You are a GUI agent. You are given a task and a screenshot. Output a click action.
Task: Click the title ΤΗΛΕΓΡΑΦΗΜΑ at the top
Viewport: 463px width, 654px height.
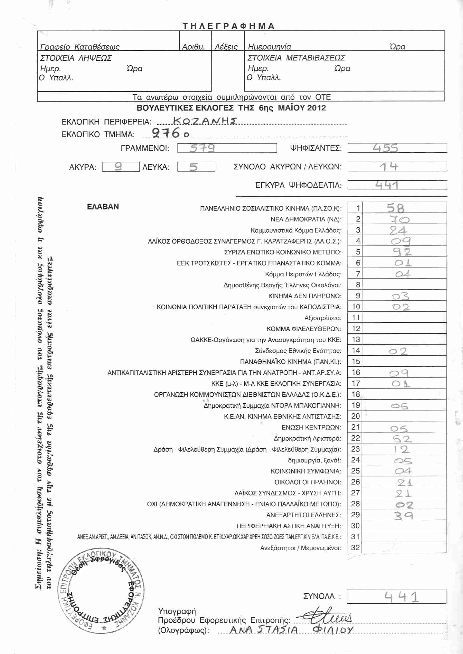[x=229, y=26]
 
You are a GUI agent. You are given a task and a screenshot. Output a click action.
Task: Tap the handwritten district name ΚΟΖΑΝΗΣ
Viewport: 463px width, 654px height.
[x=205, y=121]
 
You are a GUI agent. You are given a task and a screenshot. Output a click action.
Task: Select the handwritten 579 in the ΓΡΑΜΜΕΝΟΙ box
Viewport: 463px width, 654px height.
[x=202, y=148]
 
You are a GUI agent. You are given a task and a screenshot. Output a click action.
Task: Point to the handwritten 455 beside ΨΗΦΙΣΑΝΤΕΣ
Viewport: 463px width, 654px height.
[x=385, y=148]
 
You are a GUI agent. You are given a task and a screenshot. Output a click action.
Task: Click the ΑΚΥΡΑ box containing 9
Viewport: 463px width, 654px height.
[x=121, y=167]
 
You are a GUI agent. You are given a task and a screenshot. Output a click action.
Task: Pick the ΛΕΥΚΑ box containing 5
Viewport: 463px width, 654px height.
[x=196, y=167]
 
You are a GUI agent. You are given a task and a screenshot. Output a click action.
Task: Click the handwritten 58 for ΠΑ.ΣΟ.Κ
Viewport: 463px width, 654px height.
[x=396, y=208]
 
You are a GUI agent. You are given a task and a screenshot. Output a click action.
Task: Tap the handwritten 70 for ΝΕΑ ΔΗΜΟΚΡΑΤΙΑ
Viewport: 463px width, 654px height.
[x=399, y=219]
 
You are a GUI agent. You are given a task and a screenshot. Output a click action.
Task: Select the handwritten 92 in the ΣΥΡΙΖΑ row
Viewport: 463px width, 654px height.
[x=402, y=252]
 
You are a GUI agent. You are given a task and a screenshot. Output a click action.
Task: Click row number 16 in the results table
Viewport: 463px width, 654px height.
[x=356, y=372]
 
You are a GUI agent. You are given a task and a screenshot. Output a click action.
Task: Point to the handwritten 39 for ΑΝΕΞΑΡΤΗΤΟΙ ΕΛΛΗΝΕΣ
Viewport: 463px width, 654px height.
[x=403, y=515]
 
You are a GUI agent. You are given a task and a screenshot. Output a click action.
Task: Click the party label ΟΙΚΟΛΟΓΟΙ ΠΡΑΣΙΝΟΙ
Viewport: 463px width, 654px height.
[x=308, y=482]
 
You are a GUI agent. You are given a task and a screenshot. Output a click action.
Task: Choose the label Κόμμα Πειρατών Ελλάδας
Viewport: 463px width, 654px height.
[x=303, y=274]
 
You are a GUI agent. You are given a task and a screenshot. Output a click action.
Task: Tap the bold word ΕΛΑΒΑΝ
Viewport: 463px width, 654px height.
[x=103, y=207]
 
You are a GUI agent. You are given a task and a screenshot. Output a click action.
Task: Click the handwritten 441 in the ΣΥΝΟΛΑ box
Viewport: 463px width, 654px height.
[x=401, y=596]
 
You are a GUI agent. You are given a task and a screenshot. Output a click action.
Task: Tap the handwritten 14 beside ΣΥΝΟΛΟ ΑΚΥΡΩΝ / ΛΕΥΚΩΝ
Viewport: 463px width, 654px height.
[x=389, y=166]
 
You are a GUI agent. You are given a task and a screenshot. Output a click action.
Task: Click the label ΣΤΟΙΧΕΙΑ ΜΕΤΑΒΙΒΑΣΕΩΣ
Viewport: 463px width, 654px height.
[x=296, y=58]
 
